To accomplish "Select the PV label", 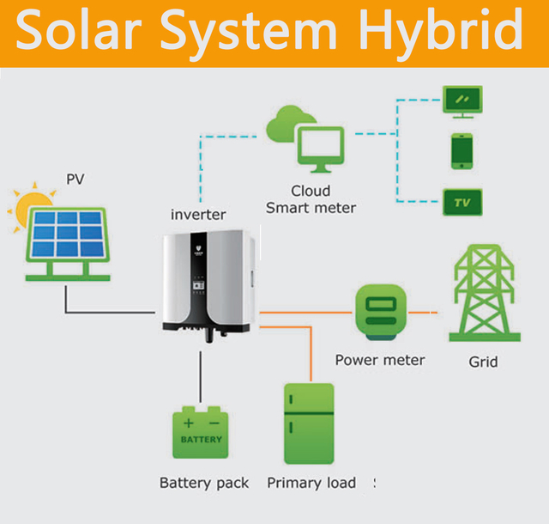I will [76, 180].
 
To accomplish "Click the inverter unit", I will [208, 283].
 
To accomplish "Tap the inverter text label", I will [197, 214].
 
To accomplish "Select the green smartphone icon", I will [462, 151].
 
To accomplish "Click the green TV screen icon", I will [462, 203].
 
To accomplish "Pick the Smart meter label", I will [311, 207].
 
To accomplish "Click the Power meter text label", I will [379, 360].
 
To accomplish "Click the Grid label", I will [483, 362].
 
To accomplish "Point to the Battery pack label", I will [204, 483].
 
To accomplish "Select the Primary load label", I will [311, 483].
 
